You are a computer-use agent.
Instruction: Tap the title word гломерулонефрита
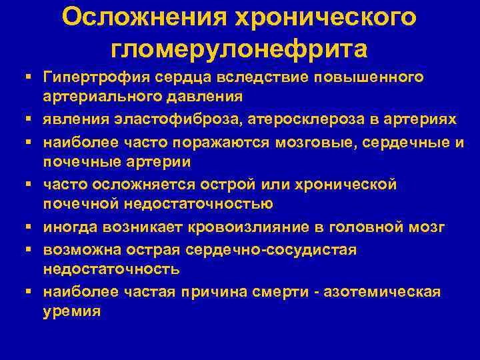click(239, 49)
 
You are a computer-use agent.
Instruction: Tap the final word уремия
click(72, 311)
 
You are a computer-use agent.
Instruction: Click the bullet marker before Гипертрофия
click(31, 78)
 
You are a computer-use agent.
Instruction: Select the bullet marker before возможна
click(31, 251)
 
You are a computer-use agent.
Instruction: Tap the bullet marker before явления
click(31, 120)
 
